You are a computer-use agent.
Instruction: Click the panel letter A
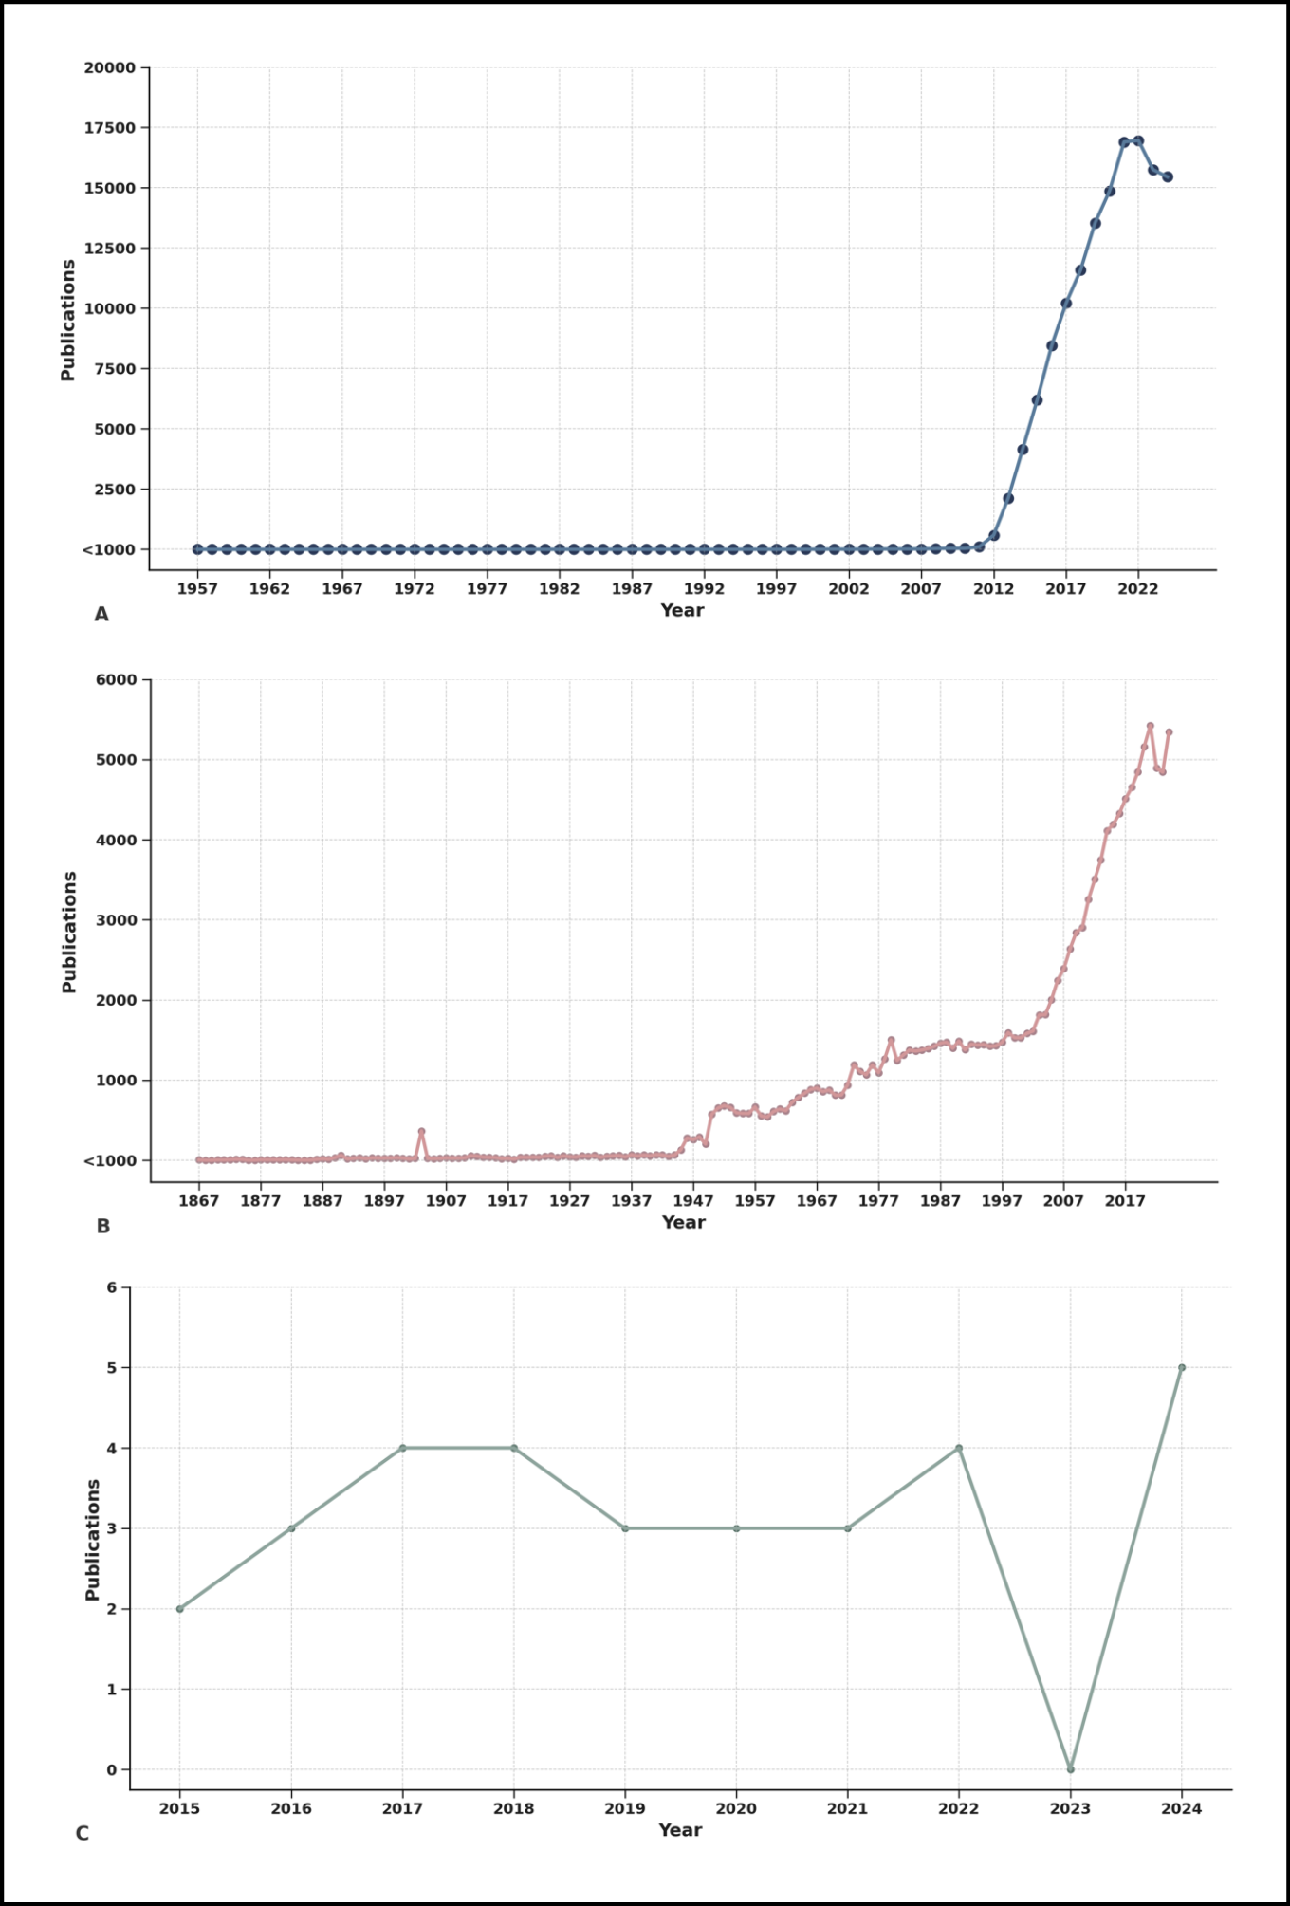[x=101, y=614]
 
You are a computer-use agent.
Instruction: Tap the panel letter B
[x=103, y=1226]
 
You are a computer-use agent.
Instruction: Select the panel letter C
[x=83, y=1833]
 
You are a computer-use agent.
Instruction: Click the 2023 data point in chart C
[x=1070, y=1769]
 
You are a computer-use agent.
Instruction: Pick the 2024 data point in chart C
[x=1182, y=1367]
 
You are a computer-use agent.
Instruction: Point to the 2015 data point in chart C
[x=179, y=1609]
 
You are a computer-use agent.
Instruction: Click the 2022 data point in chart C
[x=959, y=1448]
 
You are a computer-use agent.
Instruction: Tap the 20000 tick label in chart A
[x=109, y=67]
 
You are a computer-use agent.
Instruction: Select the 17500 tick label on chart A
[x=109, y=128]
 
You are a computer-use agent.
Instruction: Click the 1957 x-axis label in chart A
[x=197, y=589]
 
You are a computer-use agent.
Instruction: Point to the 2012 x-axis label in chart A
[x=993, y=589]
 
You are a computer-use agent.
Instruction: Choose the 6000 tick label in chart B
[x=115, y=679]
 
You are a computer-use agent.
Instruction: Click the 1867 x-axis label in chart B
[x=198, y=1201]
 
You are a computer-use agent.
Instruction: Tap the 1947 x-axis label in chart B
[x=692, y=1201]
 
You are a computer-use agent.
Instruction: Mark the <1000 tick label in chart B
[x=110, y=1160]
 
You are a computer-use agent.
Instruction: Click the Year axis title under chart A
[x=682, y=610]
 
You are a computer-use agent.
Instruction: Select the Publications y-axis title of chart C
[x=93, y=1540]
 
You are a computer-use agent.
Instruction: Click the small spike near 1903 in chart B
[x=421, y=1131]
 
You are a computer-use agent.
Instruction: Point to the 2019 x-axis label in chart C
[x=625, y=1808]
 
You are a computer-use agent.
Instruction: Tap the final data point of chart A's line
[x=1168, y=176]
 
